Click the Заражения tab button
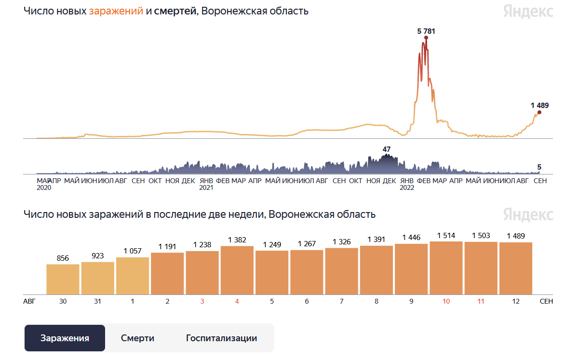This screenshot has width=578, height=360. (x=65, y=338)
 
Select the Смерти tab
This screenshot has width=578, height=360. (x=137, y=338)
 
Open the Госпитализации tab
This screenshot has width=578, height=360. (x=221, y=338)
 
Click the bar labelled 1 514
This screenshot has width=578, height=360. (x=446, y=267)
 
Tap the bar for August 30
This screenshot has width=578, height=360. (x=63, y=279)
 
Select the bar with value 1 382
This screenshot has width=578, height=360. (x=237, y=270)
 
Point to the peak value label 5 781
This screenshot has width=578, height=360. (x=426, y=31)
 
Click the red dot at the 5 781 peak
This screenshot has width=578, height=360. (x=426, y=38)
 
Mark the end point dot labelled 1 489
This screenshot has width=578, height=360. (x=539, y=112)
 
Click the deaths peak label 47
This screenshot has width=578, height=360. (x=387, y=149)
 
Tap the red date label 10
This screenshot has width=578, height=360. (x=446, y=301)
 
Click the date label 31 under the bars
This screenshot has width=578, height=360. (x=97, y=301)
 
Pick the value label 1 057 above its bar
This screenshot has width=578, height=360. (x=133, y=251)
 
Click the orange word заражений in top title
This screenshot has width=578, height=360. (x=116, y=11)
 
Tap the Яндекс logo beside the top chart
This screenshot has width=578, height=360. (x=528, y=11)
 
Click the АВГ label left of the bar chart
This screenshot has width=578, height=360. (x=29, y=301)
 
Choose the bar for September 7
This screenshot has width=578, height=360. (x=341, y=271)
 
